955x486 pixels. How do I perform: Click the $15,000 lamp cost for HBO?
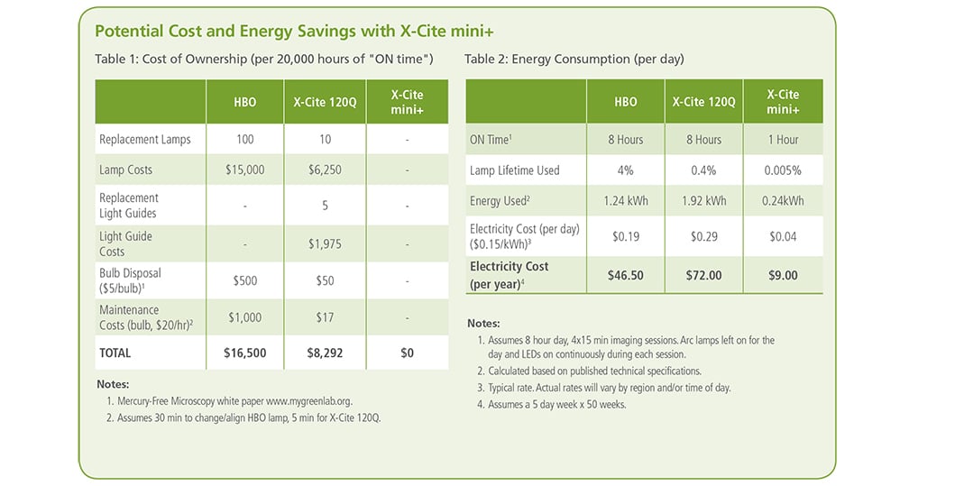click(x=244, y=170)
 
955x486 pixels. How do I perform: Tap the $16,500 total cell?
click(x=244, y=353)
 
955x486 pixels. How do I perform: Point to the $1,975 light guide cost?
click(x=326, y=243)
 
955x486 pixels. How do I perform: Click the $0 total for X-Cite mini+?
click(x=407, y=353)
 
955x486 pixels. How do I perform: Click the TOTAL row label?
click(x=115, y=353)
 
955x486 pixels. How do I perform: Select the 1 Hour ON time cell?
click(x=783, y=140)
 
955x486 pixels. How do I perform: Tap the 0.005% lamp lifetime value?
click(x=783, y=170)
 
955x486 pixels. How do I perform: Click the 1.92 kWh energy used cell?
click(x=703, y=200)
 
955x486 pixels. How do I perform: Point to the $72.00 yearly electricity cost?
click(x=703, y=275)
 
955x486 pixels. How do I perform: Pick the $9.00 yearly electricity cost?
click(x=783, y=275)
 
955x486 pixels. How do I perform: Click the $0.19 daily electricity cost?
click(x=626, y=237)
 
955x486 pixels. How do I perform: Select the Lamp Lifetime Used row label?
click(x=515, y=170)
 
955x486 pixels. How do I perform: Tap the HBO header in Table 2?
click(x=626, y=102)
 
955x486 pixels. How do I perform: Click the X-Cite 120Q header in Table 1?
click(x=326, y=102)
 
